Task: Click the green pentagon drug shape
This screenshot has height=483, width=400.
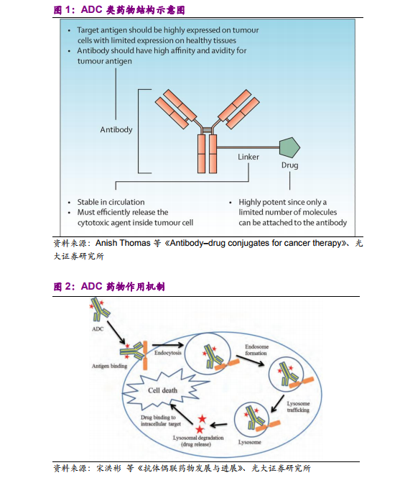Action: point(289,147)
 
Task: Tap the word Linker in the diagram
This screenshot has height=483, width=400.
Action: point(248,157)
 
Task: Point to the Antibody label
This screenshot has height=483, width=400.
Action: point(116,129)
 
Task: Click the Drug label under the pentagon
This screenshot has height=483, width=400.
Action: point(290,165)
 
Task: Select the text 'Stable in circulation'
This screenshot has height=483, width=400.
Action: point(111,202)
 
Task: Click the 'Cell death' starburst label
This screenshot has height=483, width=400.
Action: point(163,390)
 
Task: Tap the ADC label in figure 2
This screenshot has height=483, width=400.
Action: point(98,329)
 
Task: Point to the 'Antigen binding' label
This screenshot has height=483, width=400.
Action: point(110,366)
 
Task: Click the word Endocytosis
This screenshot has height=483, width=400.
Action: point(168,353)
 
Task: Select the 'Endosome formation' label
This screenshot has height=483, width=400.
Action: point(256,350)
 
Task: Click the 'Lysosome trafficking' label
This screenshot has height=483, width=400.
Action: point(298,407)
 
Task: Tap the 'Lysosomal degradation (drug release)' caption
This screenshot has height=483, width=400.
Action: point(198,441)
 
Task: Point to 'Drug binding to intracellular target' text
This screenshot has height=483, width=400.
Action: point(161,420)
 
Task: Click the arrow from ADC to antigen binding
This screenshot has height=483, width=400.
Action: point(116,333)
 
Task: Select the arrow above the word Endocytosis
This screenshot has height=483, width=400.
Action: point(168,345)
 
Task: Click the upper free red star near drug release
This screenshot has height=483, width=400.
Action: point(202,419)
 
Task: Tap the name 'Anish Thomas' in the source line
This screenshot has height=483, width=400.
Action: point(123,243)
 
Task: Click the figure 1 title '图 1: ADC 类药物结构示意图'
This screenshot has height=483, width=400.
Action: point(119,10)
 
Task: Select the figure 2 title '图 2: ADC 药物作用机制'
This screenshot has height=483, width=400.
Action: point(109,287)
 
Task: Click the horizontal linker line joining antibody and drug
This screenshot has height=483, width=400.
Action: point(248,147)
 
